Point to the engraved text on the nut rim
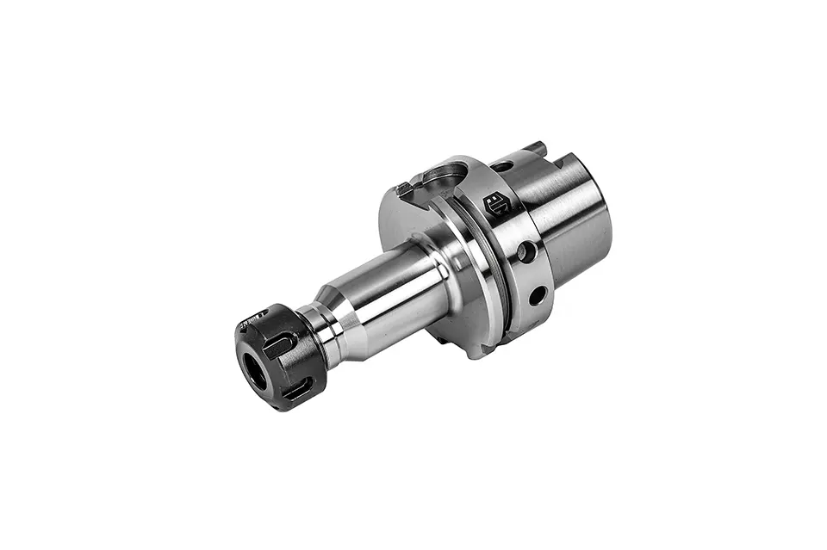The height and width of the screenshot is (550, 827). coord(251,321)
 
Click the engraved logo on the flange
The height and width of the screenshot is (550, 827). coord(497,204)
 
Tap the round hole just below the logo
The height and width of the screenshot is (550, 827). coord(523,251)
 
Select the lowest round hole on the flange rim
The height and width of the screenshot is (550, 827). coord(537,295)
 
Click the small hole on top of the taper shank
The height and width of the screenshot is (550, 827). coord(502,165)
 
